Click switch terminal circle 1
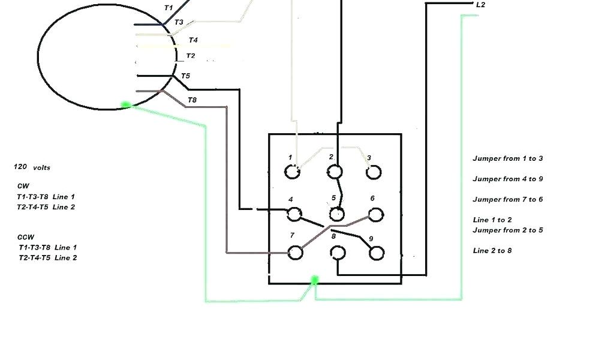coord(293,172)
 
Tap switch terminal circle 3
coord(374,172)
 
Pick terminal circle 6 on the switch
coord(376,214)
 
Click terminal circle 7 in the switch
coord(295,252)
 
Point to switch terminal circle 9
coord(377,253)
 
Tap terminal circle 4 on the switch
coord(294,214)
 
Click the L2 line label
coord(480,5)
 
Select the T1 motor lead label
coord(168,8)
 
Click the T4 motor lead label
coord(193,40)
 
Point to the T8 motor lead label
coord(192,100)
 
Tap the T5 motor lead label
coord(185,76)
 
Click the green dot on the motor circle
coord(125,105)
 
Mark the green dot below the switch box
coord(314,280)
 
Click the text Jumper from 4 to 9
coord(508,179)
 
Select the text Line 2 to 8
coord(492,250)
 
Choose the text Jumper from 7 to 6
coord(508,199)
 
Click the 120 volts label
coord(32,167)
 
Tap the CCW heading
coord(26,237)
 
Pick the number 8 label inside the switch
coord(333,236)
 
